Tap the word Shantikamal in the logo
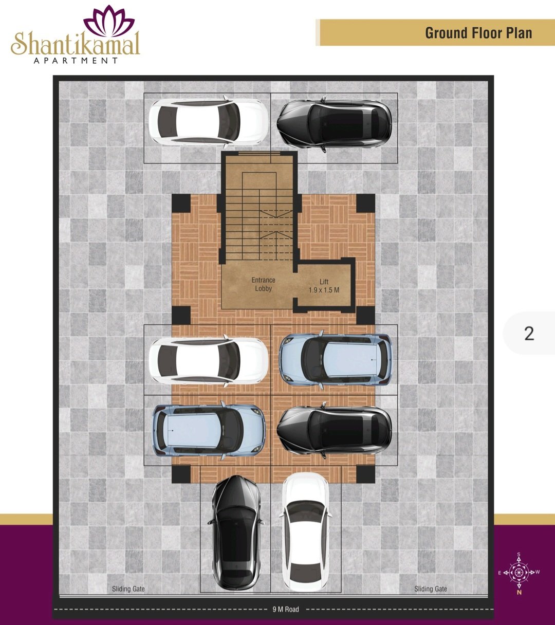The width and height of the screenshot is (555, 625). point(75,44)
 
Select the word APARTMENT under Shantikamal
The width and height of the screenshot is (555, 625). point(76,61)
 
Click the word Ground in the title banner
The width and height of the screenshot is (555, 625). point(450,33)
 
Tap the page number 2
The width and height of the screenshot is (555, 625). point(529,333)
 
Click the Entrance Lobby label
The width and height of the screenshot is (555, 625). point(263,284)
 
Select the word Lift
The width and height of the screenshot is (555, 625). point(324,281)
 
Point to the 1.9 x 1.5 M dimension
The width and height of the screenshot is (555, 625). point(324,290)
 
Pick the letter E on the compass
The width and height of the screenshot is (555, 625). point(499,564)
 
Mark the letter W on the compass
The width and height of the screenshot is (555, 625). point(538,563)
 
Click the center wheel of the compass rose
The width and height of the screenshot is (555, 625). point(519,564)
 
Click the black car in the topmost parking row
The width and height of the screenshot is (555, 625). point(335,124)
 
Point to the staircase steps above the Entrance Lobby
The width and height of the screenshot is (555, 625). point(259,216)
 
